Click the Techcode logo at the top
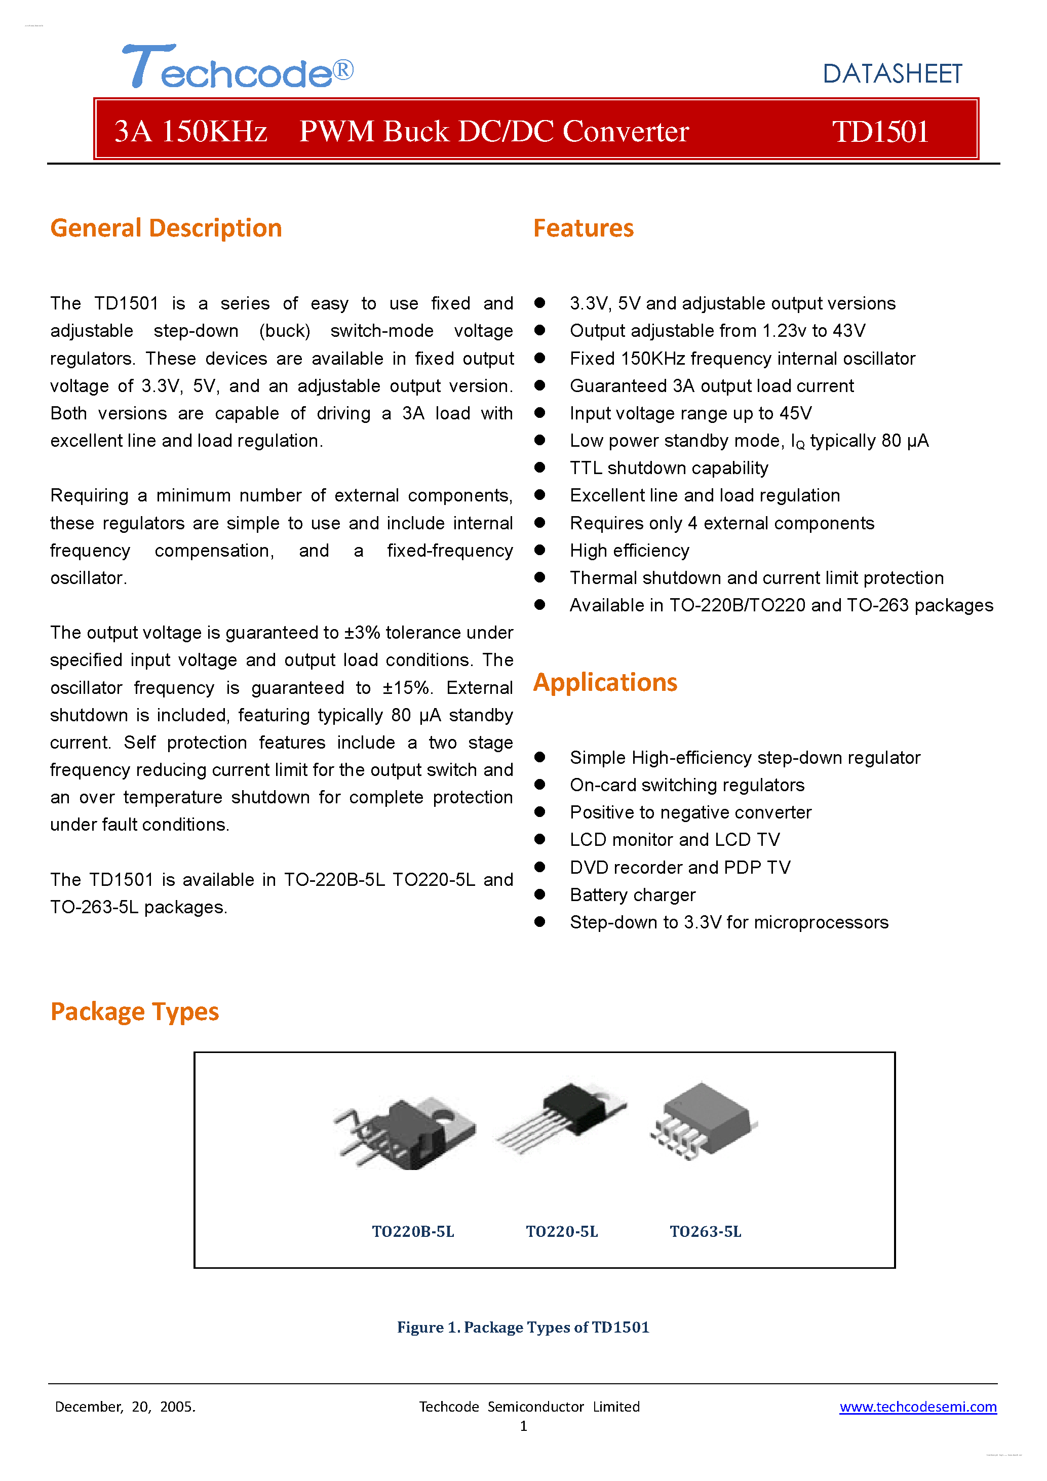[x=238, y=67]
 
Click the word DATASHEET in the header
[x=891, y=74]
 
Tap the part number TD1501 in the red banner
[x=880, y=132]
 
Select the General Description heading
[x=166, y=228]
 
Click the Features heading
[x=583, y=228]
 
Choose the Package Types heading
[x=135, y=1011]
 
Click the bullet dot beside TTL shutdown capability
[x=540, y=467]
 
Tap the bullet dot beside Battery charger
[x=540, y=894]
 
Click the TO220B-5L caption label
[x=413, y=1231]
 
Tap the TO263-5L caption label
[x=705, y=1231]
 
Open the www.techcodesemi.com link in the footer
[x=917, y=1407]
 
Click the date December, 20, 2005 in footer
[x=125, y=1407]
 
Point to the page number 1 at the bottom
[x=524, y=1426]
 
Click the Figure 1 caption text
[x=523, y=1327]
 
